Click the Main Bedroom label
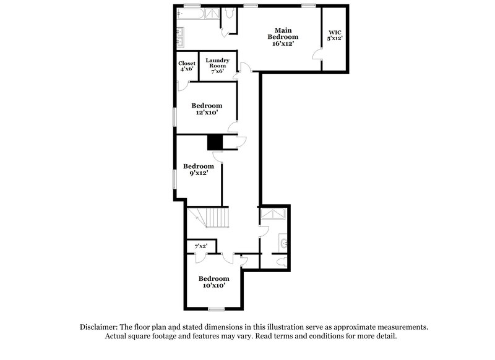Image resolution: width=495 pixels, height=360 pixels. pos(283,36)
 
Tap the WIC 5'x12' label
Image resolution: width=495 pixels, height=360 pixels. pos(335,35)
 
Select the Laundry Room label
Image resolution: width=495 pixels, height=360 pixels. pos(218,66)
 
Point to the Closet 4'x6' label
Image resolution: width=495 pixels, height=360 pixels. pos(187,66)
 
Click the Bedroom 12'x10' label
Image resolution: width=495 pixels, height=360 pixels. pos(206,109)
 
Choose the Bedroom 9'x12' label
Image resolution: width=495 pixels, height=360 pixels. pos(199,169)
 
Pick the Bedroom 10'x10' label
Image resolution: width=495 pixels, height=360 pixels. pos(213,281)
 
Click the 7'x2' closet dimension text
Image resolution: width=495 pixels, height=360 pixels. pos(200,246)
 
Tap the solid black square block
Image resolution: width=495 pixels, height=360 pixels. pos(214,142)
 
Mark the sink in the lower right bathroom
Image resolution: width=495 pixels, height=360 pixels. pos(283,242)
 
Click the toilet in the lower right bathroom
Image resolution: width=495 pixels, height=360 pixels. pos(282,262)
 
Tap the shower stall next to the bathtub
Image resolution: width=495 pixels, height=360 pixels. pos(212,13)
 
